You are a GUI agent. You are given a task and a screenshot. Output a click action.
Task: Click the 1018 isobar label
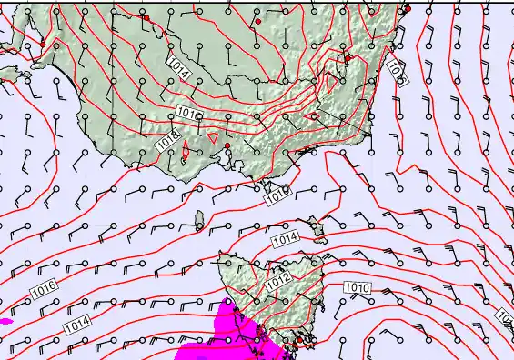(166, 143)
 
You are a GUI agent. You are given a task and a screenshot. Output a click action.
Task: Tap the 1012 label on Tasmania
(278, 284)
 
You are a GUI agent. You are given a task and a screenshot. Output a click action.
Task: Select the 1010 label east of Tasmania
(357, 287)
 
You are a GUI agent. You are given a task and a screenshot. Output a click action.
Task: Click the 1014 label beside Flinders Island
(285, 238)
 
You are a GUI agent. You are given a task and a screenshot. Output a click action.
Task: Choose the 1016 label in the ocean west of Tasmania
(45, 289)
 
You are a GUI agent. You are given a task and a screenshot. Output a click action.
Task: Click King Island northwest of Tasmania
(198, 220)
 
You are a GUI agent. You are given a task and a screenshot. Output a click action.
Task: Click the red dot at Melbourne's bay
(227, 145)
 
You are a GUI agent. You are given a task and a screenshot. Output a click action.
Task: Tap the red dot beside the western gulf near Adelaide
(43, 44)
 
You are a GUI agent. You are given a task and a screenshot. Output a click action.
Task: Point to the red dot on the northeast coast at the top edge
(408, 9)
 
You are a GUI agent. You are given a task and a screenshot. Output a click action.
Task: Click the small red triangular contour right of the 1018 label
(213, 137)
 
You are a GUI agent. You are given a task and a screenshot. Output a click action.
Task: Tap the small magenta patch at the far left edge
(5, 321)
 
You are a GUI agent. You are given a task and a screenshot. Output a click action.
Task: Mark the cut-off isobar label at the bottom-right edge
(506, 316)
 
